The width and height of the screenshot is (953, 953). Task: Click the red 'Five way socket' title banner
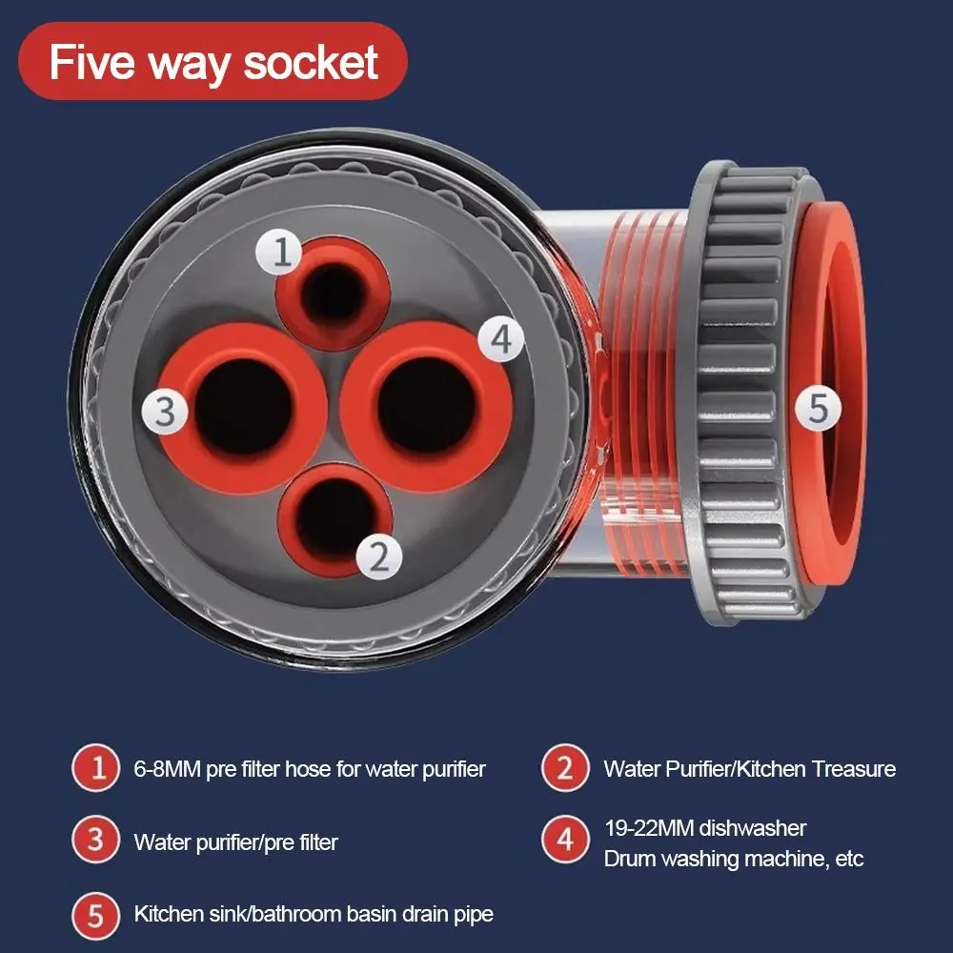pyautogui.click(x=213, y=61)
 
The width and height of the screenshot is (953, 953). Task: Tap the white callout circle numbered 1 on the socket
pyautogui.click(x=279, y=252)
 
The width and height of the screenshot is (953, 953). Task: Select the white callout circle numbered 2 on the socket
pyautogui.click(x=379, y=556)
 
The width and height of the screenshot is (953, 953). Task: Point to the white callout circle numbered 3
pyautogui.click(x=165, y=411)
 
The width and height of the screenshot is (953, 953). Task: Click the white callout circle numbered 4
pyautogui.click(x=501, y=338)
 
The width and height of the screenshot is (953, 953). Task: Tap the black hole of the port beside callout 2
pyautogui.click(x=335, y=517)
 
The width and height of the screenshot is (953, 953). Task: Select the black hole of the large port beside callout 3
pyautogui.click(x=244, y=406)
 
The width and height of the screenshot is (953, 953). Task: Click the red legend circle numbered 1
pyautogui.click(x=96, y=767)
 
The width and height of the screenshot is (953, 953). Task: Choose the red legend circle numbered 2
pyautogui.click(x=565, y=767)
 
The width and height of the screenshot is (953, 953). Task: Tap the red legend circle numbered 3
pyautogui.click(x=96, y=840)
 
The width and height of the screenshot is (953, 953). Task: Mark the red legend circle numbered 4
pyautogui.click(x=565, y=840)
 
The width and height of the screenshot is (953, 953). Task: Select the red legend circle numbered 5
pyautogui.click(x=96, y=915)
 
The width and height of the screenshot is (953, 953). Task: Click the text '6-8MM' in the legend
pyautogui.click(x=167, y=769)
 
